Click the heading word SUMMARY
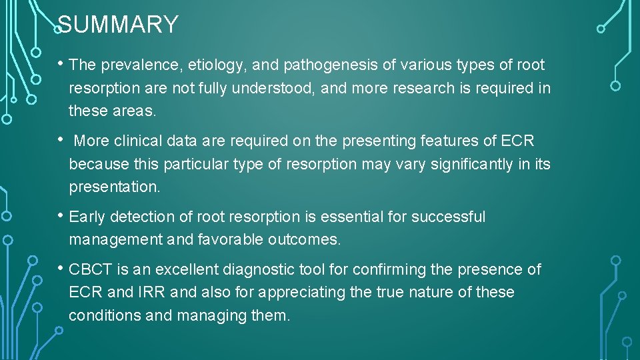pyautogui.click(x=118, y=25)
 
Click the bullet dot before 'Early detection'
pyautogui.click(x=61, y=216)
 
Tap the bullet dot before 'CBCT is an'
pyautogui.click(x=61, y=269)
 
